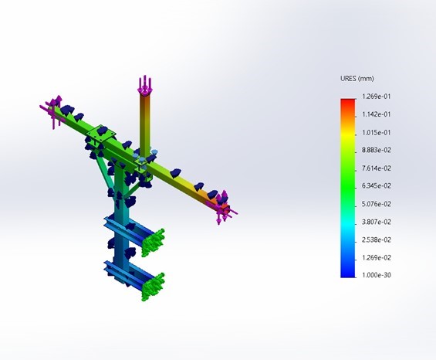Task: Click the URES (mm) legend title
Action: click(357, 79)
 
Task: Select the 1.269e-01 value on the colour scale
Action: click(377, 97)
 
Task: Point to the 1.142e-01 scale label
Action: click(377, 114)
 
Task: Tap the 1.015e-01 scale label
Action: click(377, 133)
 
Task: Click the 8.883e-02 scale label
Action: click(377, 151)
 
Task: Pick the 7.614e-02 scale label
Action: click(377, 168)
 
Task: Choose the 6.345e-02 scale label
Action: click(377, 186)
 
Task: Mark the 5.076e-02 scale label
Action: click(377, 204)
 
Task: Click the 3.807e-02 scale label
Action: click(377, 222)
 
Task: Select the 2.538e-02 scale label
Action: click(377, 240)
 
